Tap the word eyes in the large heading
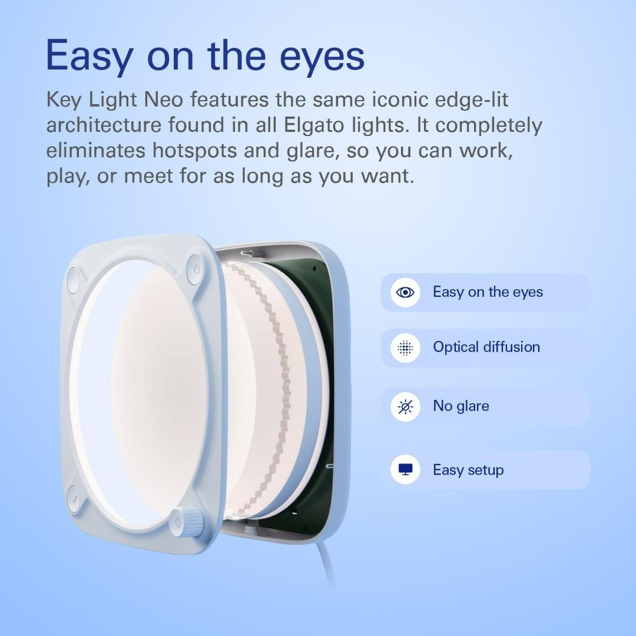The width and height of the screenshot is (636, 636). point(315,57)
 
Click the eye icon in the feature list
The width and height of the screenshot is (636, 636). point(405,293)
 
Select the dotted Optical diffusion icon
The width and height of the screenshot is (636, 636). point(405,348)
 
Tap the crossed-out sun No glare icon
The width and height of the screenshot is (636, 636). point(405,406)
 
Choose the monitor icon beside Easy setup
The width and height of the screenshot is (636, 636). point(405,470)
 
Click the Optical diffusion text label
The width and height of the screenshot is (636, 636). point(486,347)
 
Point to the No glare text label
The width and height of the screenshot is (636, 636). point(461,406)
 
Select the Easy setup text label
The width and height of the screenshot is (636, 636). point(468,470)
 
